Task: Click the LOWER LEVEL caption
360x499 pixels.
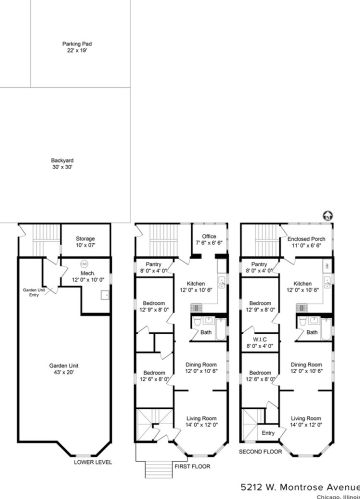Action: point(92,463)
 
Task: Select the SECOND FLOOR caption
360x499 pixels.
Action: point(259,451)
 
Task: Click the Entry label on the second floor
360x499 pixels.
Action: point(267,433)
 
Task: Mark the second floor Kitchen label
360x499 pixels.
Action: point(304,286)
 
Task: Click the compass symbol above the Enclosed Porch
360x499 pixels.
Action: point(324,213)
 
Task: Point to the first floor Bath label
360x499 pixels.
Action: point(204,332)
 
